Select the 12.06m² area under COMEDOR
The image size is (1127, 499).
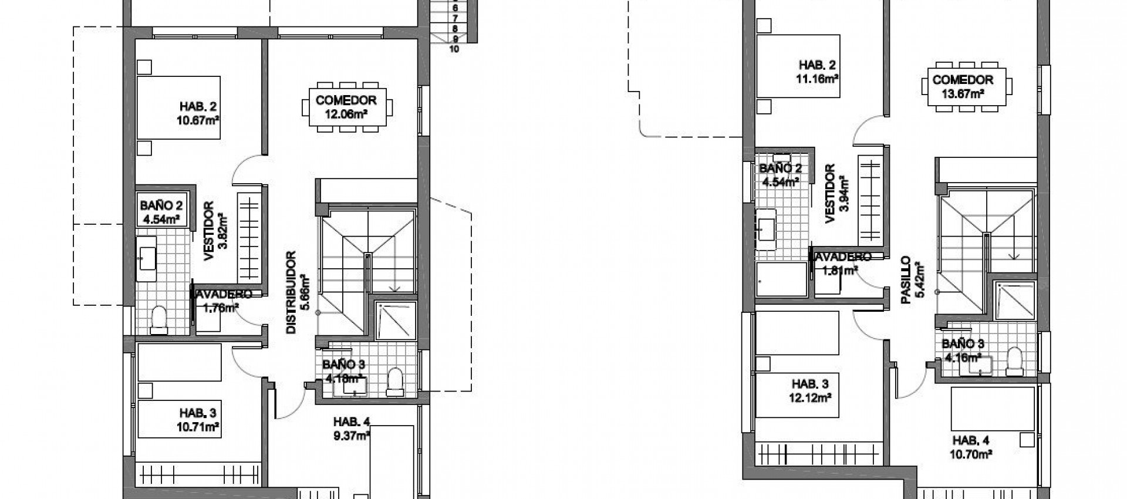pos(346,114)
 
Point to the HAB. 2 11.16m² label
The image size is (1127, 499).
pos(817,71)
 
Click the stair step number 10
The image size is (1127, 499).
pos(454,49)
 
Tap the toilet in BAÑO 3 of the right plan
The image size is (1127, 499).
pos(1014,360)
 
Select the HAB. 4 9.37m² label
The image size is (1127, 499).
pos(352,428)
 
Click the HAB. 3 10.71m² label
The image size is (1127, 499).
pos(198,422)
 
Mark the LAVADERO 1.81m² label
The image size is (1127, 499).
pos(841,263)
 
